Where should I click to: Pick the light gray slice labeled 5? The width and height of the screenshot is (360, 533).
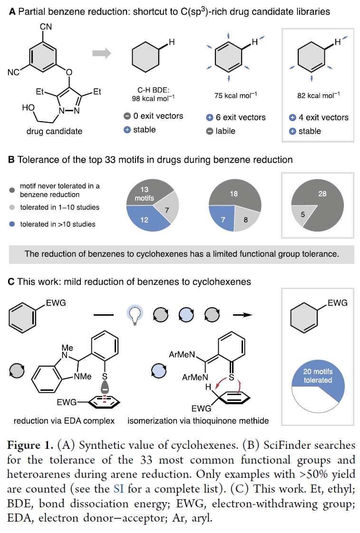(302, 214)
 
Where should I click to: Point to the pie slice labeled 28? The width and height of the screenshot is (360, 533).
(322, 202)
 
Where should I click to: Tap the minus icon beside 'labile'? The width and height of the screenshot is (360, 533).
(210, 131)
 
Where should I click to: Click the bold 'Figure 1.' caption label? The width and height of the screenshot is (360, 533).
(30, 445)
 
